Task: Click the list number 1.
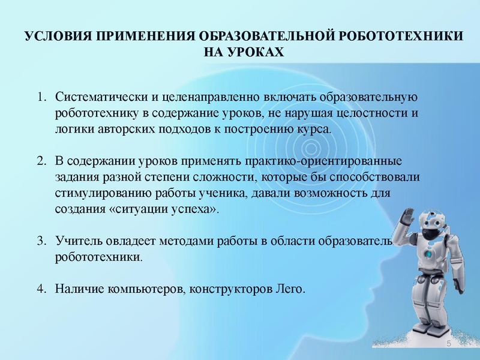40,97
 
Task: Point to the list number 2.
40,162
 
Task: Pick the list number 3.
40,241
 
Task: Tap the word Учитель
77,241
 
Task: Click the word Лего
292,289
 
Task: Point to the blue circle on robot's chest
428,254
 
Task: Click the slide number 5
448,343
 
